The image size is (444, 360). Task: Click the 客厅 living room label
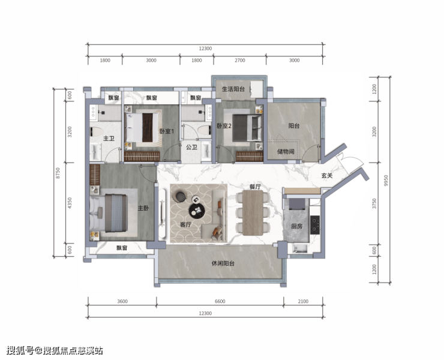point(185,224)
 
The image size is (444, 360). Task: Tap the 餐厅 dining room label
point(255,187)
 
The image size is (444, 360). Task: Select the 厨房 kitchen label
point(297,226)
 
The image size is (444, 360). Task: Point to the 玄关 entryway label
point(327,176)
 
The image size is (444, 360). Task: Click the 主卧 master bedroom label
point(143,208)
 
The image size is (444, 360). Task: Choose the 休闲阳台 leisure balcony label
point(223,263)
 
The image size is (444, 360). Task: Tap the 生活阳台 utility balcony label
point(233,89)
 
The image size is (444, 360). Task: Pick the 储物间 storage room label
point(286,152)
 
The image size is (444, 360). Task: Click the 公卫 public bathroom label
point(192,147)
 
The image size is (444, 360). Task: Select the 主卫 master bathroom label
point(109,139)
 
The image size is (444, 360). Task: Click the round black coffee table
point(197,210)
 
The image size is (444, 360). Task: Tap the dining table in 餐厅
point(253,213)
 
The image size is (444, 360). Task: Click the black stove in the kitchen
point(315,225)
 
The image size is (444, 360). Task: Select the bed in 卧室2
point(247,128)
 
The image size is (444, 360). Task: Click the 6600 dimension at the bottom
point(220,301)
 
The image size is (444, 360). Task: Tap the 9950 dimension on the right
point(386,181)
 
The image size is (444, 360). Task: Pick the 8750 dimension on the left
point(58,173)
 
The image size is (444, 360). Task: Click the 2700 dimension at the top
point(239,61)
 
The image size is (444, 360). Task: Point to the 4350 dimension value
point(70,203)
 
